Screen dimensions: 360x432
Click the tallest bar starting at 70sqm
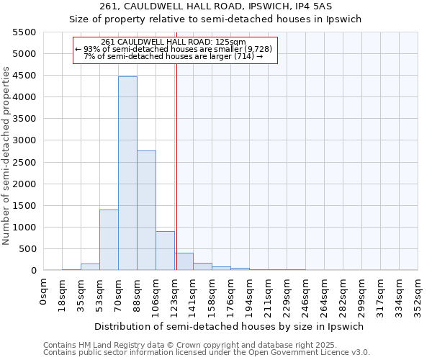(127, 173)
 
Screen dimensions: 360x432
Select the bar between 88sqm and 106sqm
(146, 210)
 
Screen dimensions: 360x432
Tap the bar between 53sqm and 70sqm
(109, 240)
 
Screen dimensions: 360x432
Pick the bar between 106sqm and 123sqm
(165, 251)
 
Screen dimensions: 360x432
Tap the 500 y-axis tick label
(27, 249)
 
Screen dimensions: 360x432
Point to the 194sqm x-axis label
(249, 294)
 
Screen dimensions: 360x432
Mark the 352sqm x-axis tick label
(418, 294)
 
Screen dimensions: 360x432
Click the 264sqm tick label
(324, 294)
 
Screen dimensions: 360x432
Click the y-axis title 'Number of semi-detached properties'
(7, 156)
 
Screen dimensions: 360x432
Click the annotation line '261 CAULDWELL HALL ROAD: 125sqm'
(174, 42)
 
